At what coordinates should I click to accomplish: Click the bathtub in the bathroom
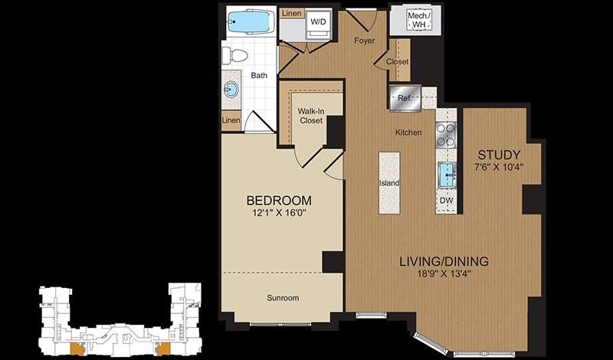point(249,22)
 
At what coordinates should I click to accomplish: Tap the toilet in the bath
point(234,55)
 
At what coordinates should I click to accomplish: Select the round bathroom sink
point(231,90)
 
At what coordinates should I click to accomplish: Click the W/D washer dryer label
point(318,22)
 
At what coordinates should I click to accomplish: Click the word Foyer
point(365,41)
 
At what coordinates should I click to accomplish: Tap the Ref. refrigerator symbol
point(405,98)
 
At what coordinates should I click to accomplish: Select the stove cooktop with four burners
point(446,135)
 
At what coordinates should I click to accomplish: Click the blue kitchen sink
point(447,175)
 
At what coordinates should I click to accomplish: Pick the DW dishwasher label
point(446,201)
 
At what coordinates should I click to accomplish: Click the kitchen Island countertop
point(389,183)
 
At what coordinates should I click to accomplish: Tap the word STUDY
point(499,155)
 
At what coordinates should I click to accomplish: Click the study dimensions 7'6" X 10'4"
point(498,167)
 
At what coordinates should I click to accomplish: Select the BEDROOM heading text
point(279,201)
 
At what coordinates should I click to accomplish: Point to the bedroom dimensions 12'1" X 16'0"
point(279,214)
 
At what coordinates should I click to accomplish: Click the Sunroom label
point(283,298)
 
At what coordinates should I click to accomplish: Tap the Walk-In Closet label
point(311,116)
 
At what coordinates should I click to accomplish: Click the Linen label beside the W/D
point(292,14)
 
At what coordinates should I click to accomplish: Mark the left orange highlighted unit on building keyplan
point(76,349)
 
